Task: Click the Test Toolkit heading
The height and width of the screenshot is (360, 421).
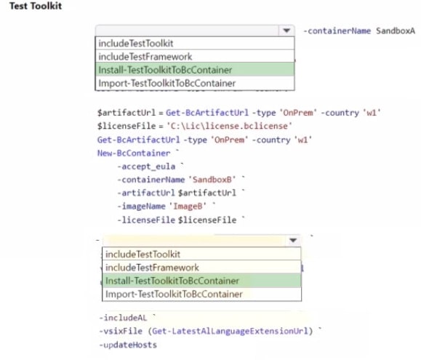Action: [x=36, y=6]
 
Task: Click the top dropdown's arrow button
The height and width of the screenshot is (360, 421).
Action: [x=286, y=31]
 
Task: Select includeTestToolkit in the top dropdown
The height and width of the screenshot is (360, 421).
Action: [x=136, y=43]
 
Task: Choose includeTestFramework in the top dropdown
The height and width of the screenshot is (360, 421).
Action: [x=145, y=57]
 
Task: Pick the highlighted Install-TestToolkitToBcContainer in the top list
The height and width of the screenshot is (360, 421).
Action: [x=165, y=70]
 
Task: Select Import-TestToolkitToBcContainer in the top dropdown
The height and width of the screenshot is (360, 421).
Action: [x=167, y=83]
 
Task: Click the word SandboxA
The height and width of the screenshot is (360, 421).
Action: [x=396, y=31]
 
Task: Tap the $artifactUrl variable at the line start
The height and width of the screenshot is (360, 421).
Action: [x=127, y=113]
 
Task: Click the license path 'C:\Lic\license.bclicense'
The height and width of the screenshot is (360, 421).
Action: [x=229, y=126]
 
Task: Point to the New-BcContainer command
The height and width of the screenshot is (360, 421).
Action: [x=134, y=153]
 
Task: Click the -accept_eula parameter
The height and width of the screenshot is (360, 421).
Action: [x=146, y=167]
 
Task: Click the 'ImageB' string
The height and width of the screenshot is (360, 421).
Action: [x=188, y=206]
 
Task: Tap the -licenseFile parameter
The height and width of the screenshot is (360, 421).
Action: [x=146, y=220]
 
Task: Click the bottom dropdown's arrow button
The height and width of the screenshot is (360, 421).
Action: [x=293, y=240]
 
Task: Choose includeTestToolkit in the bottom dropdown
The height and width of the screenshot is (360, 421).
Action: [x=143, y=255]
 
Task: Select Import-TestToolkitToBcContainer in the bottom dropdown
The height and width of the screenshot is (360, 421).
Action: [x=174, y=295]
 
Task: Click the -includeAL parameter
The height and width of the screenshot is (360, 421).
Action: [x=123, y=318]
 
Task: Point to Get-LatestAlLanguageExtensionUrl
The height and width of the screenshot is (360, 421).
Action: [x=230, y=331]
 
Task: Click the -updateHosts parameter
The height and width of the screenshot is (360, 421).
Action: [x=128, y=345]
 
